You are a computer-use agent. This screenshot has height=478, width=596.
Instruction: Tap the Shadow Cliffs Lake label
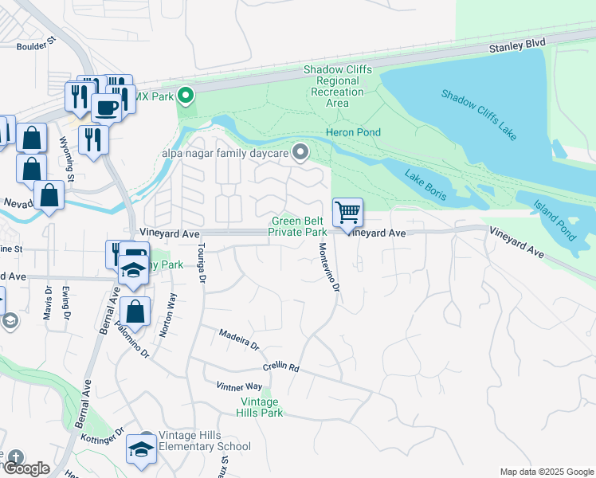pos(480,114)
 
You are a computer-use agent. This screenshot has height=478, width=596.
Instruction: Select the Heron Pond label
pos(353,132)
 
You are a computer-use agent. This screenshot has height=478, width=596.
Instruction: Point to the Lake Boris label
pos(424,183)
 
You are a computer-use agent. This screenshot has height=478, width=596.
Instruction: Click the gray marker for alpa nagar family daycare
pos(300,151)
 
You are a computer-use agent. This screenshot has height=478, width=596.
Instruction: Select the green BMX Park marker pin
pos(186,97)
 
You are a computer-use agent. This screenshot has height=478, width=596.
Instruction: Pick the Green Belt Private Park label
pos(299,226)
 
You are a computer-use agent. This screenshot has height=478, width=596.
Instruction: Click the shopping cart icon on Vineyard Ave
pos(347,213)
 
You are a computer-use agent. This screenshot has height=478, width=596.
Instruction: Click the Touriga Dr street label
pos(202,264)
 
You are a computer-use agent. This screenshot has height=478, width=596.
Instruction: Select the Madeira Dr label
pos(239,341)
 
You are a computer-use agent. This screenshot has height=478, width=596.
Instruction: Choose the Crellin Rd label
pos(280,368)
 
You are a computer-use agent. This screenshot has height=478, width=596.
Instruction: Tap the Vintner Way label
pos(239,386)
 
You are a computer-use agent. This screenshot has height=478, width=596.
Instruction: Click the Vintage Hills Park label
pos(261,407)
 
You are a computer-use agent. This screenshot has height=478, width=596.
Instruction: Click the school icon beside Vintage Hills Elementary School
pos(141,449)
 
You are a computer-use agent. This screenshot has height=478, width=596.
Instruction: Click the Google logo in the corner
pos(25,468)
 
